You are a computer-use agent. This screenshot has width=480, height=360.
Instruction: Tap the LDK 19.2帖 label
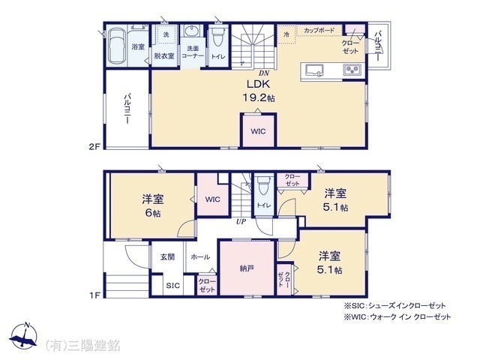tap(258, 91)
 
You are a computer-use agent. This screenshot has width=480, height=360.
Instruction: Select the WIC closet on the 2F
tap(258, 131)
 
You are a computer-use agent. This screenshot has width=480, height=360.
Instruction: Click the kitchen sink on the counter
tap(315, 70)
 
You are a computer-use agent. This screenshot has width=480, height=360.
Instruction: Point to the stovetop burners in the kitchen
tap(352, 70)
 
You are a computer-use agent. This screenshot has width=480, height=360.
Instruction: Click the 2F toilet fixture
tap(218, 37)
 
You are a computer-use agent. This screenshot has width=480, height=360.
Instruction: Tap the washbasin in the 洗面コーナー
tap(192, 31)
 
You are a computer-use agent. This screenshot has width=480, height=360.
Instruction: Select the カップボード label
tap(319, 30)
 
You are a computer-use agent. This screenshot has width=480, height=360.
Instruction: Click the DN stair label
tap(264, 73)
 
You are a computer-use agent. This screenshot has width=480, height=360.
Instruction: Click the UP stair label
tap(241, 221)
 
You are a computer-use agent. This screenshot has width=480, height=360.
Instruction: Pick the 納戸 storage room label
tap(247, 268)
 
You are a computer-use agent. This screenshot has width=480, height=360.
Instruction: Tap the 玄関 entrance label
tap(167, 256)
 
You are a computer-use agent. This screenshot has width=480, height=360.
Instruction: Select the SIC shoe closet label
tap(173, 286)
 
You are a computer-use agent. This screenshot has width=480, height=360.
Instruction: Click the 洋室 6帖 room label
tap(152, 205)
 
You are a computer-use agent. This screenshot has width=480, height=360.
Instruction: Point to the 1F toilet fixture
tap(263, 185)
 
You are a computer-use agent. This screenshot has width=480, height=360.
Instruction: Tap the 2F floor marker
tap(94, 147)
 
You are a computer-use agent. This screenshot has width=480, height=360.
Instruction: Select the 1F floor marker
tap(95, 295)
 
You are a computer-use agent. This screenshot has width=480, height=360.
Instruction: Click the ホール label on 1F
tap(200, 256)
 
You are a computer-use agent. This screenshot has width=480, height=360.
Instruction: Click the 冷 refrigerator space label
tap(286, 34)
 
